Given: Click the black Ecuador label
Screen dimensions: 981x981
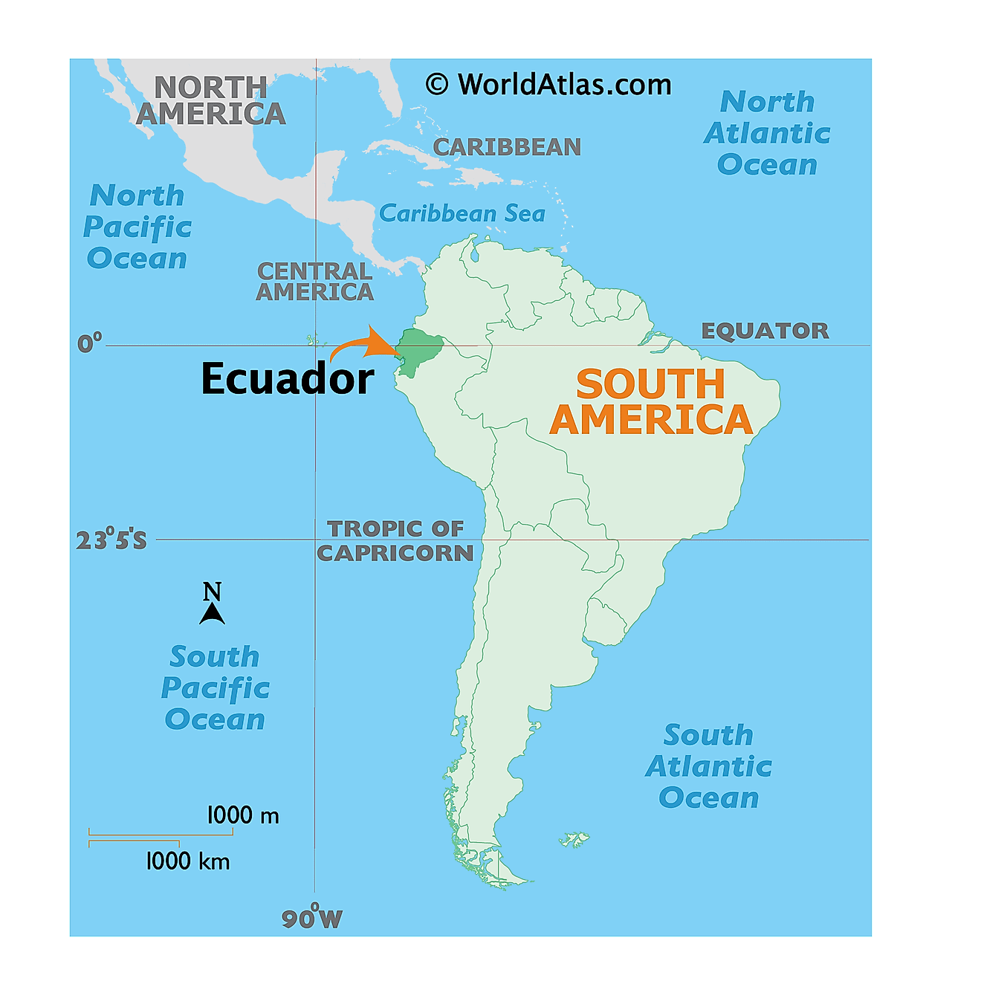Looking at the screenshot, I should (288, 379).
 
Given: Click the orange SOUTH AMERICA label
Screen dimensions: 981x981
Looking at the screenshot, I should (651, 402).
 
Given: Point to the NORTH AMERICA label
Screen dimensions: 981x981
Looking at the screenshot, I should (211, 101).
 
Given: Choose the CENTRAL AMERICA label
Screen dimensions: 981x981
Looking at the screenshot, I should (314, 282).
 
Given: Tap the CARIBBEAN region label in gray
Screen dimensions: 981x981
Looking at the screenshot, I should (507, 147).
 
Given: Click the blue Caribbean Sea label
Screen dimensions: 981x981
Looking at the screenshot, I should (462, 214).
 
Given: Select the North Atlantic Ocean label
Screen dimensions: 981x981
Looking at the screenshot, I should (767, 133).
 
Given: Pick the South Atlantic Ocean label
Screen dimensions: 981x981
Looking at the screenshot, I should (708, 766).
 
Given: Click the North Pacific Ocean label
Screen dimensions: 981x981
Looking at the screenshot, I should (137, 227).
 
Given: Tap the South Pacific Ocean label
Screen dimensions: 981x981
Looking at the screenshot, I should (215, 688).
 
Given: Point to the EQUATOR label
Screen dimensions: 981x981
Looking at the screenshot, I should (765, 331).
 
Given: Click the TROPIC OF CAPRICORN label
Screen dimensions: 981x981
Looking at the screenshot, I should (395, 541).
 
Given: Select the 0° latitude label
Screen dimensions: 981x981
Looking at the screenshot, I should (89, 343).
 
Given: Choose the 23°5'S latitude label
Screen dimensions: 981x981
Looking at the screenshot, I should (111, 540).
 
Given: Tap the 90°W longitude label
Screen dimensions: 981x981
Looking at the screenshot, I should (312, 919).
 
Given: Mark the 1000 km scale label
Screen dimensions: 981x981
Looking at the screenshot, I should (187, 861).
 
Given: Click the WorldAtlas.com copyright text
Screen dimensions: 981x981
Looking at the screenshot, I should (548, 85).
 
